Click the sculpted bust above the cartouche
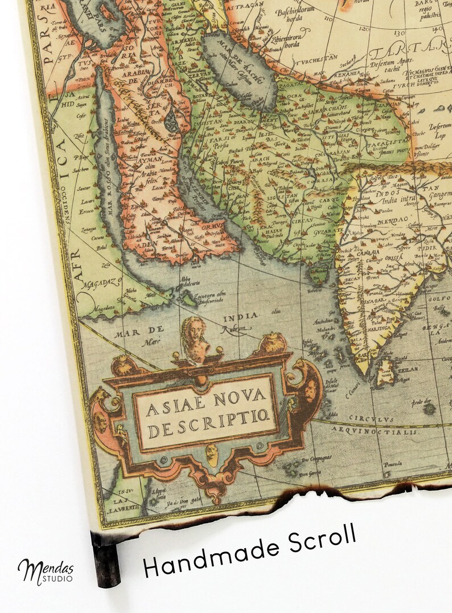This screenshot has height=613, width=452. point(192,340)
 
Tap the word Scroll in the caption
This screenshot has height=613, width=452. point(319,539)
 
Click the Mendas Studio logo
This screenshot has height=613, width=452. point(46,570)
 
